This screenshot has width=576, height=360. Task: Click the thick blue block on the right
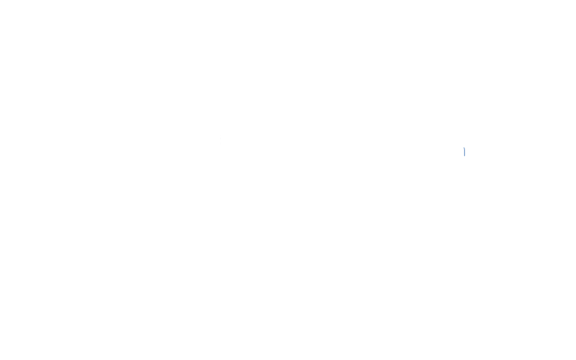[464, 151]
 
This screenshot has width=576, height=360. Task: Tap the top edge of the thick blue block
[464, 147]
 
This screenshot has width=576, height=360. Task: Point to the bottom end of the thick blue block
[464, 157]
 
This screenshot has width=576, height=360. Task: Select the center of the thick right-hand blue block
[464, 151]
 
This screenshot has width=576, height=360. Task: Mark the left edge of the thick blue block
[463, 151]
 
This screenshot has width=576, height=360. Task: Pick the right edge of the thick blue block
[467, 151]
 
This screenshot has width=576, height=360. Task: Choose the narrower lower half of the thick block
[464, 154]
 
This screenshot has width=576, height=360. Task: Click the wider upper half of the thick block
[464, 149]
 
